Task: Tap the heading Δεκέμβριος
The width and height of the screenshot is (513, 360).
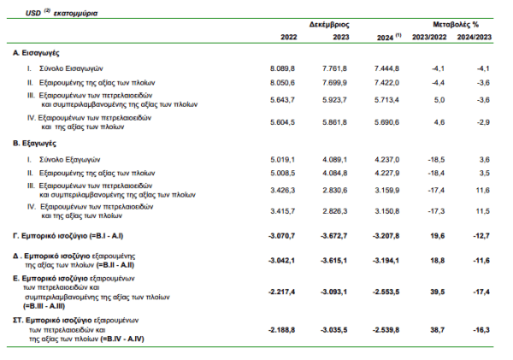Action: tap(329, 26)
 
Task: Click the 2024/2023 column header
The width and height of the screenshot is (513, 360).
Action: tap(475, 38)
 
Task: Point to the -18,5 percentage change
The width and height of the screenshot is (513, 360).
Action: tap(435, 160)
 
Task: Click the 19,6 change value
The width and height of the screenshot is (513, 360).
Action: tap(437, 233)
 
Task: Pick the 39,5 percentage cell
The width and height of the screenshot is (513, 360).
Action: tap(437, 292)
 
